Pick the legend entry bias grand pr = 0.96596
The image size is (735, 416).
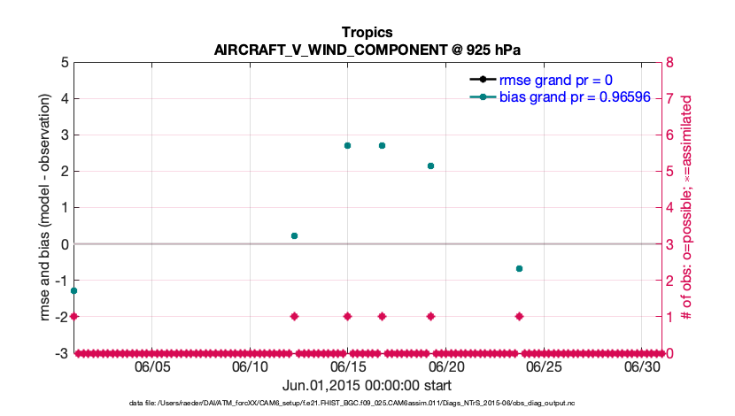tap(569, 96)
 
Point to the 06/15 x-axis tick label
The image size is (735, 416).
tap(348, 366)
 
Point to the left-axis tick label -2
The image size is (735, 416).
tap(62, 317)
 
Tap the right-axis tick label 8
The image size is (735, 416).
tap(671, 63)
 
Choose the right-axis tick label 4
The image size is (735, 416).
tap(671, 208)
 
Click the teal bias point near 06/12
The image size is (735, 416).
tap(294, 235)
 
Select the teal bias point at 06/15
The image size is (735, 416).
tap(348, 145)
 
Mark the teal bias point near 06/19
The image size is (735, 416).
tap(430, 166)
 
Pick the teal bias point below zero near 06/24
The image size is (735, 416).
tap(519, 268)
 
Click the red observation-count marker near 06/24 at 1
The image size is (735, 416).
tap(519, 316)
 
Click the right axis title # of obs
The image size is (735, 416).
tap(685, 208)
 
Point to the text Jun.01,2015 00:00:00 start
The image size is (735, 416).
tap(367, 385)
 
